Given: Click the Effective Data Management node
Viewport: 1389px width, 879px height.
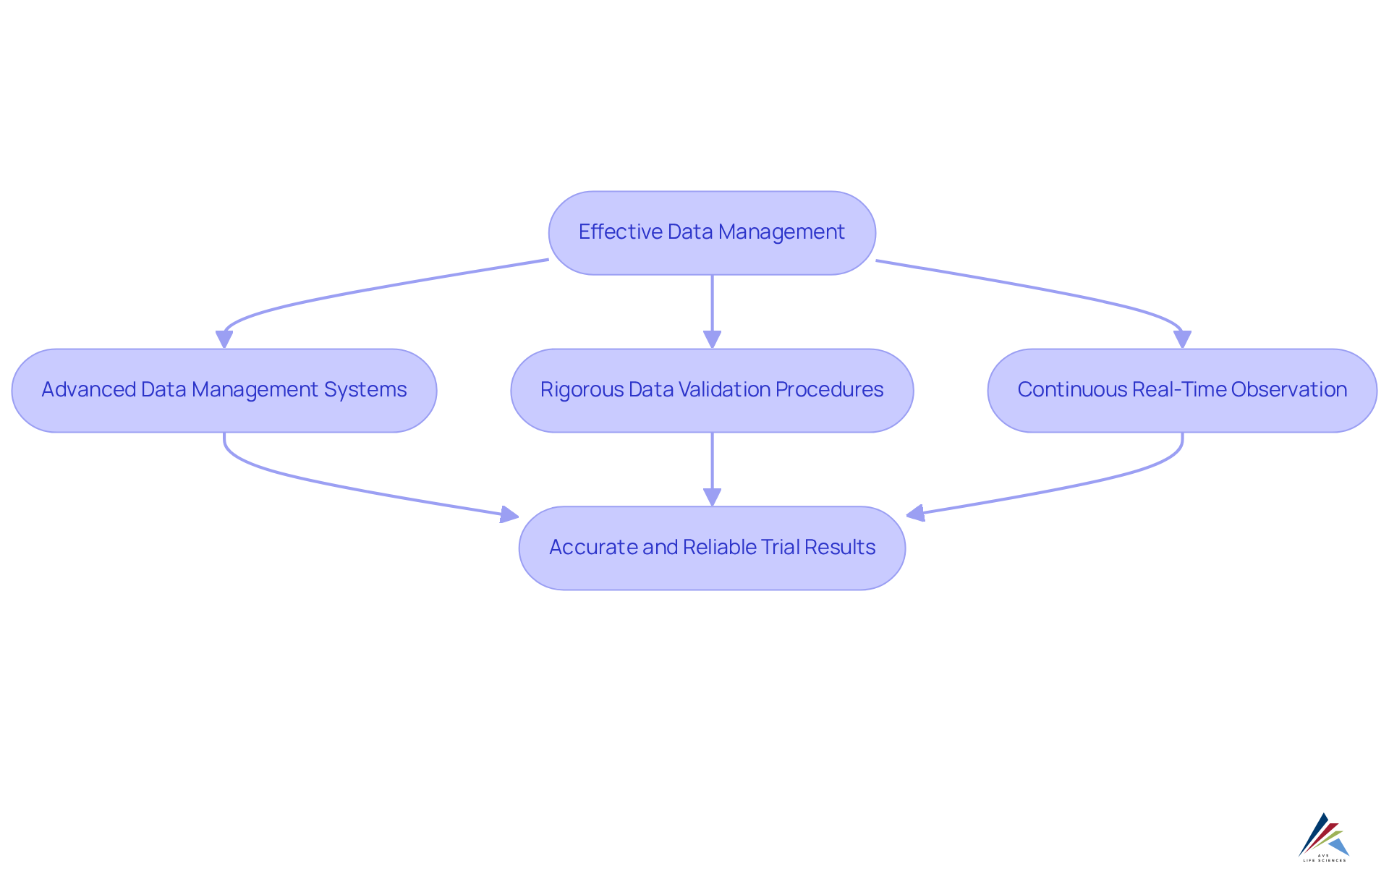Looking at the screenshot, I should (712, 233).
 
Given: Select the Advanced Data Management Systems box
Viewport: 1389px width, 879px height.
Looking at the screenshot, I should (224, 391).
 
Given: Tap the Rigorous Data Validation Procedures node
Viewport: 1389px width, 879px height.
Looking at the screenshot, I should (712, 391).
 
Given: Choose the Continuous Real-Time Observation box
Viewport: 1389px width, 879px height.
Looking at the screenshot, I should (1182, 391).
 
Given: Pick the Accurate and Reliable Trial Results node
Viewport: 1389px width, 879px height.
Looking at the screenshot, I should (712, 548).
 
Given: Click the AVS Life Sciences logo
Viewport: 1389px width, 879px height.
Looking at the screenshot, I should (1324, 838).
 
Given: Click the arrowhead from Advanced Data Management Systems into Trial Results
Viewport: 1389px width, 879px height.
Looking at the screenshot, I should (510, 514).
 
